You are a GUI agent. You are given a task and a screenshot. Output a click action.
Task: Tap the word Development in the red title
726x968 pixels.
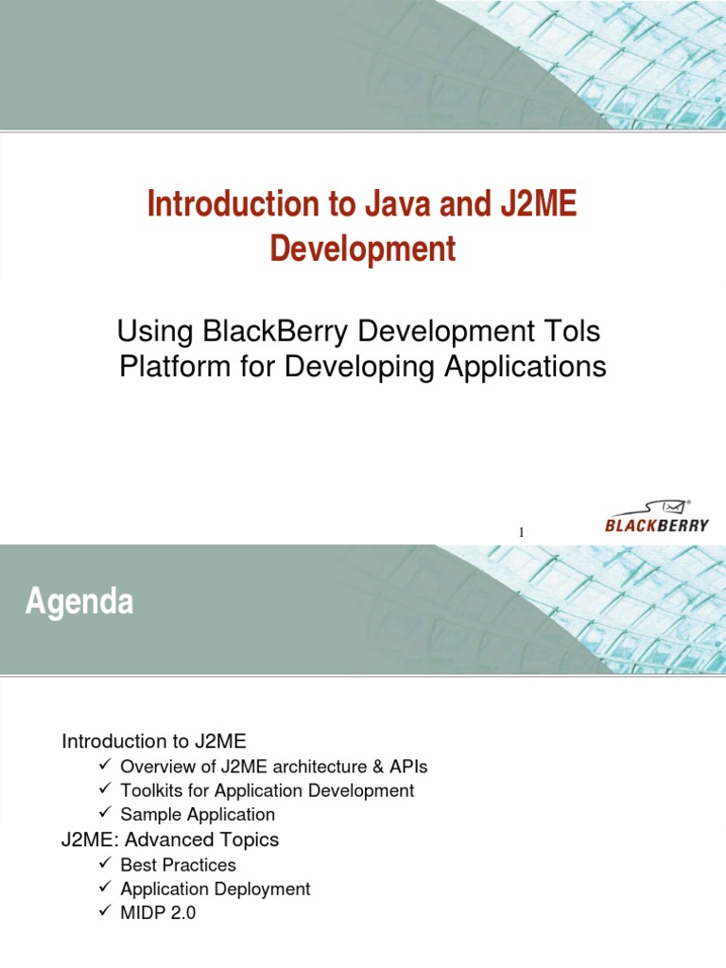tap(363, 249)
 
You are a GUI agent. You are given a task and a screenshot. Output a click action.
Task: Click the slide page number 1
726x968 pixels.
tap(521, 534)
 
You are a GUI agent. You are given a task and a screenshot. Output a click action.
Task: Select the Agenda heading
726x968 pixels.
tap(78, 601)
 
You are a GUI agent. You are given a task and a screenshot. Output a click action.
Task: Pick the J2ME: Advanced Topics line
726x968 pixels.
tap(170, 839)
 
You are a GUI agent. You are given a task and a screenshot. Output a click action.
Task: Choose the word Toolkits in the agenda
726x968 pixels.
tap(151, 790)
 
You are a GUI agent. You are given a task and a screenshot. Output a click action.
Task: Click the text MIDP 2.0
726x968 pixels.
tap(158, 914)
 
